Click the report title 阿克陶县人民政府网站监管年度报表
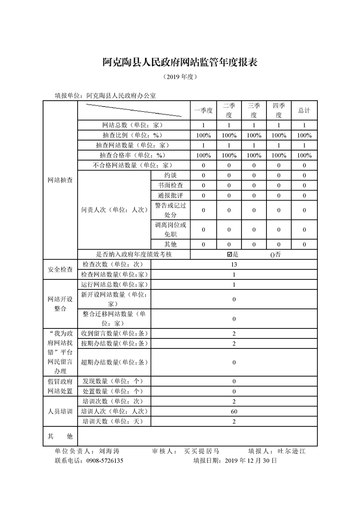click(x=180, y=63)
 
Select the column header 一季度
click(x=203, y=110)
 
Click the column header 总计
click(x=304, y=110)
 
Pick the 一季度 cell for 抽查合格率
click(x=203, y=155)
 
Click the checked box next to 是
click(x=229, y=254)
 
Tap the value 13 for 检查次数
click(x=234, y=264)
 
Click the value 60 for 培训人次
click(x=234, y=411)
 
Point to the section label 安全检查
click(x=60, y=269)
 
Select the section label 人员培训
click(x=60, y=411)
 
